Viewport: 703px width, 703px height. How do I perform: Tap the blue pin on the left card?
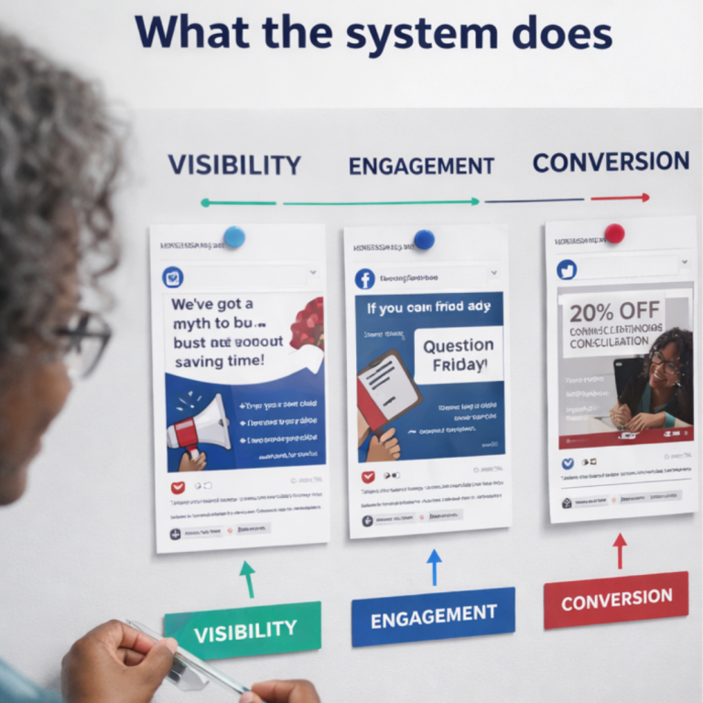[234, 237]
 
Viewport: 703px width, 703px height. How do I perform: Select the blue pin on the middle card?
[423, 240]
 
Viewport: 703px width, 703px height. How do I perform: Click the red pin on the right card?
[614, 233]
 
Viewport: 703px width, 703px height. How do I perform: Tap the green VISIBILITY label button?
[243, 629]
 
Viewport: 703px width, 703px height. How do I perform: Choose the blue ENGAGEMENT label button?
[433, 616]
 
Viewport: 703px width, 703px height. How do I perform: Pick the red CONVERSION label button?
[616, 600]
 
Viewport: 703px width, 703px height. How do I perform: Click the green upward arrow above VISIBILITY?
[246, 579]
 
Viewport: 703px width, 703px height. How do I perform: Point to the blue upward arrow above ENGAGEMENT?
[434, 566]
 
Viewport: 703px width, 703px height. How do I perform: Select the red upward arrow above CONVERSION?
[620, 550]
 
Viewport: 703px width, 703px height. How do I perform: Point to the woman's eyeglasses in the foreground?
[84, 343]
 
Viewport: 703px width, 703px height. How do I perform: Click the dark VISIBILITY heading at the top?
[234, 165]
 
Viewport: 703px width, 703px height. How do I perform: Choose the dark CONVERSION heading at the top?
[611, 162]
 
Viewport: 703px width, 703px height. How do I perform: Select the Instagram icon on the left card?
[172, 278]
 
